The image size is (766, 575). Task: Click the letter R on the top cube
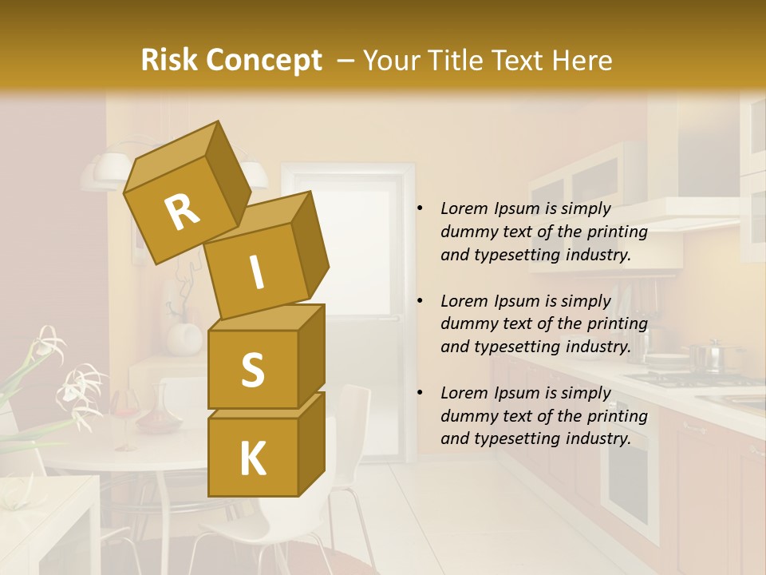tap(183, 212)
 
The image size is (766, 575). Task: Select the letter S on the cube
tap(252, 370)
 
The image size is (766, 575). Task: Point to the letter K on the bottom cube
tap(252, 459)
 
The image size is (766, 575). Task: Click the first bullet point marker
tap(420, 209)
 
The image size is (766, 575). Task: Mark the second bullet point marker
tap(420, 301)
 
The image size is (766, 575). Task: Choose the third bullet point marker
tap(420, 393)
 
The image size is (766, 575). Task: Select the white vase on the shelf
tap(185, 335)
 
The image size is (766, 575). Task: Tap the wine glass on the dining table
tap(125, 415)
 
